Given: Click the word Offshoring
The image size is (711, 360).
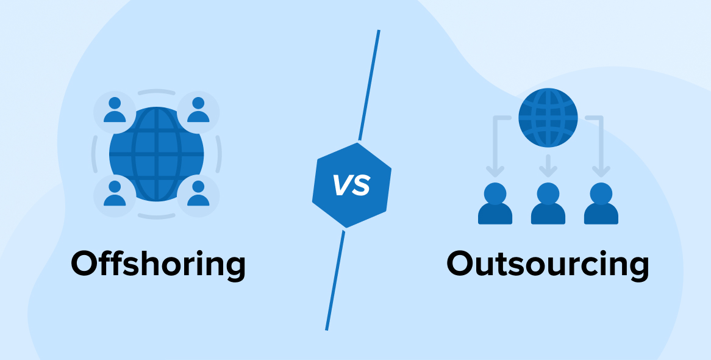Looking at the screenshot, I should pyautogui.click(x=158, y=264).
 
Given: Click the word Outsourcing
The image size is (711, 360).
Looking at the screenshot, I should pyautogui.click(x=547, y=264).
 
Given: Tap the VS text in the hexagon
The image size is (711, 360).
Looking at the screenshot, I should pyautogui.click(x=352, y=185).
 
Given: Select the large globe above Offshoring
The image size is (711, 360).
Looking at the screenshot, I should pyautogui.click(x=157, y=154).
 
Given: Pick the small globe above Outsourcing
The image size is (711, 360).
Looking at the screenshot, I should pyautogui.click(x=548, y=117).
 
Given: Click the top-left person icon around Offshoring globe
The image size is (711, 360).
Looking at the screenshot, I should pyautogui.click(x=114, y=110).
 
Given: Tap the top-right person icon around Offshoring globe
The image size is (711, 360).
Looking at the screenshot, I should pyautogui.click(x=198, y=110).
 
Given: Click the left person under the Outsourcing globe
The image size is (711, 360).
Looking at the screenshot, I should pyautogui.click(x=495, y=204).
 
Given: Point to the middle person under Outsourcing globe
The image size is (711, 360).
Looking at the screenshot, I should pyautogui.click(x=548, y=204).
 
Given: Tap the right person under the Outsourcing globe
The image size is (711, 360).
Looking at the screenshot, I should pyautogui.click(x=601, y=204).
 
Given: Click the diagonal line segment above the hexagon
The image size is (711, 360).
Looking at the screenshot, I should pyautogui.click(x=369, y=85).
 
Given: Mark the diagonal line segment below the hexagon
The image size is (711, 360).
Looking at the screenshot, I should pyautogui.click(x=335, y=281).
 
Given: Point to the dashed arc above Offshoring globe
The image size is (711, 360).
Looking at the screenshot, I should pyautogui.click(x=156, y=92).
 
